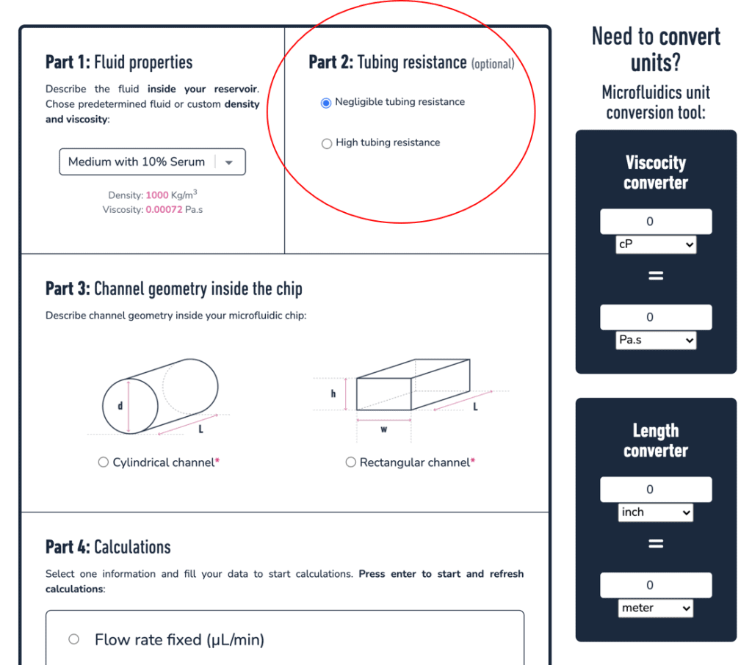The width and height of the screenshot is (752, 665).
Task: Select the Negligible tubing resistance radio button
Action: click(327, 103)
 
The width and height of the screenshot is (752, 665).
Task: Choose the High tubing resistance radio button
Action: click(327, 144)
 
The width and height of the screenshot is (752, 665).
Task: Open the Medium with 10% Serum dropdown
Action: click(152, 162)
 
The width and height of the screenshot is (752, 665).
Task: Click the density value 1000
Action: click(157, 195)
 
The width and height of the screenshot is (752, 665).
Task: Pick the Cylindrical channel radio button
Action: click(104, 462)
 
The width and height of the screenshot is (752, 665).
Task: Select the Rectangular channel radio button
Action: click(350, 462)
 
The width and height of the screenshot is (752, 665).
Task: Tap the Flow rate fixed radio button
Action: click(73, 639)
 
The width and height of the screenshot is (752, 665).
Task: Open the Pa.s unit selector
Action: click(656, 341)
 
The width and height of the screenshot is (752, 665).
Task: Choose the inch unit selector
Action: click(656, 513)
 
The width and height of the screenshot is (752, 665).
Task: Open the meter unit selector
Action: click(656, 608)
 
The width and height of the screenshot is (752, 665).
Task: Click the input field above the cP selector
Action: click(656, 222)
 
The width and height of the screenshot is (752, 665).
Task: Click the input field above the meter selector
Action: click(656, 585)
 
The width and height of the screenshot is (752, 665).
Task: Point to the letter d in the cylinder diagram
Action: click(120, 406)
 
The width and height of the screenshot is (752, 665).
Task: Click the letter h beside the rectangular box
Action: click(333, 394)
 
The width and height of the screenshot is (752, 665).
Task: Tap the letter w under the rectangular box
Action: click(383, 429)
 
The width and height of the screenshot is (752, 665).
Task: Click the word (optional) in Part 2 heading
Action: click(493, 65)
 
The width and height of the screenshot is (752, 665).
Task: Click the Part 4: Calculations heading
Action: click(108, 547)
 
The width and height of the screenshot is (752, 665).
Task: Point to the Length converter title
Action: click(656, 440)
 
